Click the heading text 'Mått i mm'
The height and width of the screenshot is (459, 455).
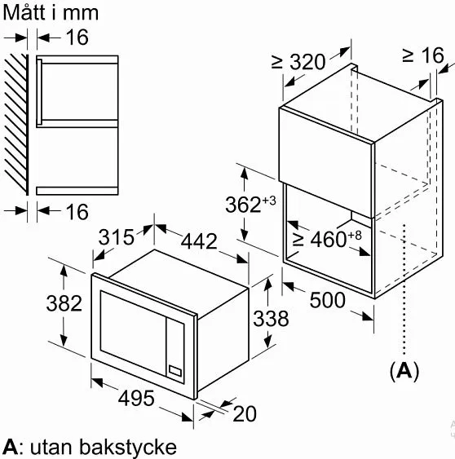coord(51,12)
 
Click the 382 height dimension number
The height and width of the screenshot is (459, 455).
coord(64,303)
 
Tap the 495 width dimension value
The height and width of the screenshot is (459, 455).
coord(136,399)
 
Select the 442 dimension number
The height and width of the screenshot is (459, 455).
coord(199,241)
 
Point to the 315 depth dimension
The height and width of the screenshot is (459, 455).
coord(117,237)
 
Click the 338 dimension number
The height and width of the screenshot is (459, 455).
coord(271,319)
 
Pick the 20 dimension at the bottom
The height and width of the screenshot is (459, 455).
coord(245,414)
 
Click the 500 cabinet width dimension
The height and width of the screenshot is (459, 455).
coord(327,300)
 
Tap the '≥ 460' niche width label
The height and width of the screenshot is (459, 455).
coord(320,239)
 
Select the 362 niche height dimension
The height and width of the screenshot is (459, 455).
coord(243,205)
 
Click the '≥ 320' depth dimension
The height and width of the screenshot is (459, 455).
coord(298,62)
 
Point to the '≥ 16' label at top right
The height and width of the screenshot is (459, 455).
coord(423,55)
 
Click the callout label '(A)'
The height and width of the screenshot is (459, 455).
coord(404,371)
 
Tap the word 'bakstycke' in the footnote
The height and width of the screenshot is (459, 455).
coord(128,447)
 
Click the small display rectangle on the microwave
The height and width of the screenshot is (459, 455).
coord(175,372)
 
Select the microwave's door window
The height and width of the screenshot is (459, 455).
coord(133,333)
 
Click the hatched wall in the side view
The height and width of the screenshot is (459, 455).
coord(16,125)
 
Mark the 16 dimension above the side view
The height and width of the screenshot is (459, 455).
coord(77,38)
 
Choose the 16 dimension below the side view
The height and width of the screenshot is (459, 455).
coord(77,212)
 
